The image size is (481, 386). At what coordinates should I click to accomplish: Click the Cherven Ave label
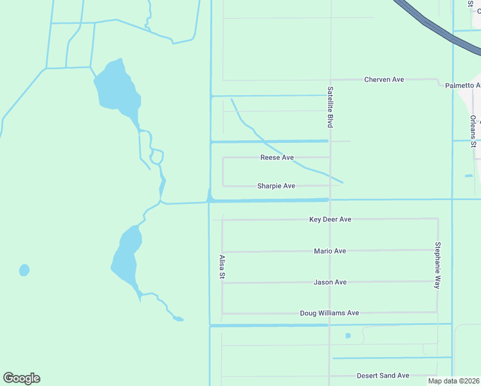(384, 79)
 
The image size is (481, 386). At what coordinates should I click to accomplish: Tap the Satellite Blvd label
(330, 106)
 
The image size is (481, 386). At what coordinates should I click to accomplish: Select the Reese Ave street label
(277, 158)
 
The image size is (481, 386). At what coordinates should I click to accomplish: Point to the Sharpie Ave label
(276, 186)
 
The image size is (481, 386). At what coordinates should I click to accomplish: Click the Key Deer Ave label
(330, 219)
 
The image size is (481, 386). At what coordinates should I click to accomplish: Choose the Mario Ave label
(330, 251)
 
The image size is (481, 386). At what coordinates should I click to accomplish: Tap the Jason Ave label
(330, 282)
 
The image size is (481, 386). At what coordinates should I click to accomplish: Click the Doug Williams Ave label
(329, 313)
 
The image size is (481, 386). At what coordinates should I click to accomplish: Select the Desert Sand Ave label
(383, 376)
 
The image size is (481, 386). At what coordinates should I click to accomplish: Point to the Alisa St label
(222, 267)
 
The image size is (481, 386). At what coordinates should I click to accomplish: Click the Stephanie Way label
(437, 264)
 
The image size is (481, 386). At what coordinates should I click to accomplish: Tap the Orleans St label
(473, 131)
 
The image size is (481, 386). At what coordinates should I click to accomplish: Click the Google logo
(21, 378)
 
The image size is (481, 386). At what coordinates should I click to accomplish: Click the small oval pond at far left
(24, 270)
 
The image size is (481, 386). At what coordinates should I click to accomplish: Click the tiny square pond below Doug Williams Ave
(348, 335)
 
